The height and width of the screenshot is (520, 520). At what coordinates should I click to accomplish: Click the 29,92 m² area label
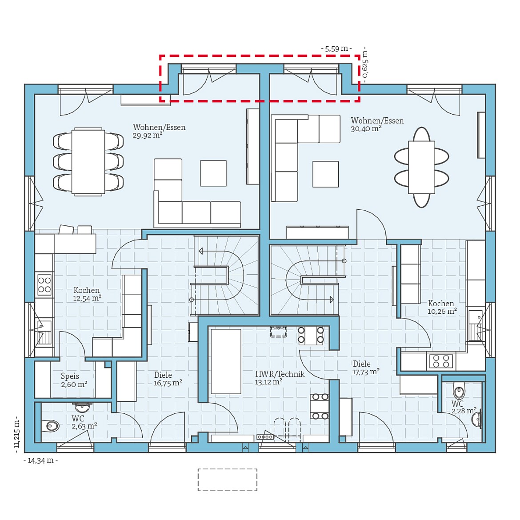point(147,136)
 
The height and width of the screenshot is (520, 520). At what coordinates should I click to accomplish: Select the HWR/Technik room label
point(280,374)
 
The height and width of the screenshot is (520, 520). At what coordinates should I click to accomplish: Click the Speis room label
point(70,376)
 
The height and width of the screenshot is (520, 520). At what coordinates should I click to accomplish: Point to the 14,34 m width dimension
point(40,460)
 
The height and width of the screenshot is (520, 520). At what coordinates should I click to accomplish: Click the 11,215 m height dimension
point(17,434)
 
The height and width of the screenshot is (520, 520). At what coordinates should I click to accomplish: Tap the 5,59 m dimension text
point(336,48)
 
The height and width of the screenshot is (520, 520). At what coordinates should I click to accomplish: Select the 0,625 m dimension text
point(365,64)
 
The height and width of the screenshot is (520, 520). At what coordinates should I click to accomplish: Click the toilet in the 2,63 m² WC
point(51,426)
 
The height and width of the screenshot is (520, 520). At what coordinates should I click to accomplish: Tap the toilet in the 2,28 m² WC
point(459,392)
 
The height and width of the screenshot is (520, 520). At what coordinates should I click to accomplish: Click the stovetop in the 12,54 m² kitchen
point(44,284)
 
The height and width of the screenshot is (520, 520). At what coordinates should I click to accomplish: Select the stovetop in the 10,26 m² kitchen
point(440,361)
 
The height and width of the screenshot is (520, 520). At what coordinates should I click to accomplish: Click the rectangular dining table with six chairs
point(88,162)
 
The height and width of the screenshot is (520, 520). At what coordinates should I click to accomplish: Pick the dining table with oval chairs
point(421,167)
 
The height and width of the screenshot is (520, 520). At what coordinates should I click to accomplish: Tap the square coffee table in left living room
point(213,173)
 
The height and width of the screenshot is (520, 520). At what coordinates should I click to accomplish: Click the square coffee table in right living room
point(326,174)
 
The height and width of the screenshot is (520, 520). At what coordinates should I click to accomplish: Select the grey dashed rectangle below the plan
point(227,480)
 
